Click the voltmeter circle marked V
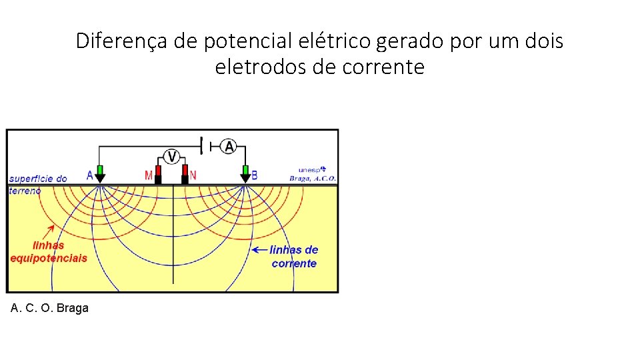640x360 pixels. pyautogui.click(x=172, y=157)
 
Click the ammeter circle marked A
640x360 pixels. pyautogui.click(x=229, y=146)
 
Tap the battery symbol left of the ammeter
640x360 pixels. pyautogui.click(x=204, y=145)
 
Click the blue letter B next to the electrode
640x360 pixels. pyautogui.click(x=255, y=176)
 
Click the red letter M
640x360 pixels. pyautogui.click(x=149, y=176)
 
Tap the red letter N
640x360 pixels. pyautogui.click(x=193, y=175)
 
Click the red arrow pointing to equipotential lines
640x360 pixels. pyautogui.click(x=47, y=231)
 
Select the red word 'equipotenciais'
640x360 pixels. pyautogui.click(x=48, y=259)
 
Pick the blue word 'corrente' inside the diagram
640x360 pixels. pyautogui.click(x=294, y=263)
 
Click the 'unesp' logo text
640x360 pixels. pyautogui.click(x=312, y=170)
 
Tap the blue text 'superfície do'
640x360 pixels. pyautogui.click(x=38, y=179)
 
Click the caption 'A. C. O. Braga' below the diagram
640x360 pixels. pyautogui.click(x=49, y=308)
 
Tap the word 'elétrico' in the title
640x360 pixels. pyautogui.click(x=338, y=41)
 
